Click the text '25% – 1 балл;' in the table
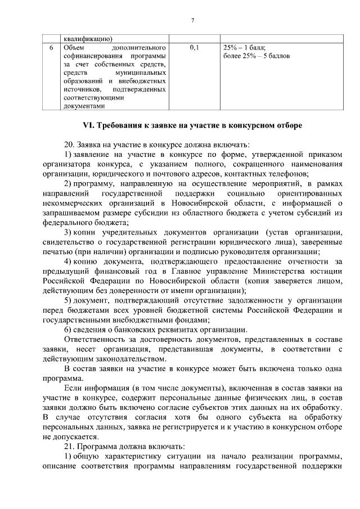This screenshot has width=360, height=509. point(245,48)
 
